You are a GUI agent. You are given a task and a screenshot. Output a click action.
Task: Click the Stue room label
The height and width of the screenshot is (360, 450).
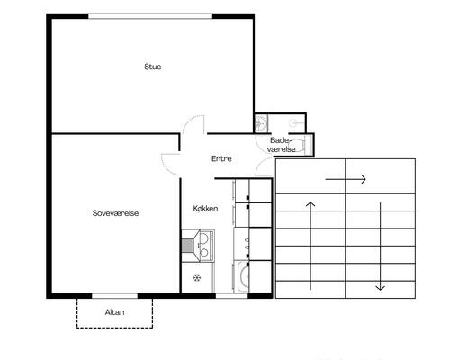152,67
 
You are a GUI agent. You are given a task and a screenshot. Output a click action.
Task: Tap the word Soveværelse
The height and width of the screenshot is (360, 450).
115,213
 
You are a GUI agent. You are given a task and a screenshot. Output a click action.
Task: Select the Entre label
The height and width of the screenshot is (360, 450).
221,158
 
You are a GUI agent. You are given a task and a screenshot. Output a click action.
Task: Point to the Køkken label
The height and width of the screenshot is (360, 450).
205,209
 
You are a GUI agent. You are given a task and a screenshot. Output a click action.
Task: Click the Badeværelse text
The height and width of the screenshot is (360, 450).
281,145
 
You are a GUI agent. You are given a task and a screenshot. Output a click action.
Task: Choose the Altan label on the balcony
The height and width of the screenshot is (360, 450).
114,312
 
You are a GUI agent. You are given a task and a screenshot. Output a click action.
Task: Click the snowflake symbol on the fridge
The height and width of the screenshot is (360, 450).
197,278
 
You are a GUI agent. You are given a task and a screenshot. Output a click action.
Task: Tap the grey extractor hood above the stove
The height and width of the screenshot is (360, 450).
187,246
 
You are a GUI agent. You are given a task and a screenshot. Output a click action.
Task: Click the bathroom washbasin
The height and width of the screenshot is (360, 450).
261,123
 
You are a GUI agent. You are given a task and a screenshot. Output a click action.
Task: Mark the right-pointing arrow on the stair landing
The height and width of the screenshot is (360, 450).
346,179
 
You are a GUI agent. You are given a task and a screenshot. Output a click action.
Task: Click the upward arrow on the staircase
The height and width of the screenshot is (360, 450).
310,246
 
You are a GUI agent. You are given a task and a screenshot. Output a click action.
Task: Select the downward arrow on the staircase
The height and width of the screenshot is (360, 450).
381,247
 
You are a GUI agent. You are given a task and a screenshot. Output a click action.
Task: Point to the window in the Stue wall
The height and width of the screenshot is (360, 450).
150,16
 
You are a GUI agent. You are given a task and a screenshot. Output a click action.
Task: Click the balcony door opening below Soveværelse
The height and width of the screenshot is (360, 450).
114,296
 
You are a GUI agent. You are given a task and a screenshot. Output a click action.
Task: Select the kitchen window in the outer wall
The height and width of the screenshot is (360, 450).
231,296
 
